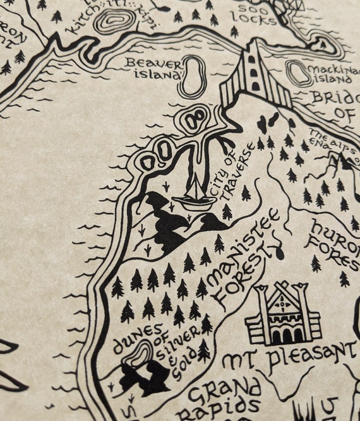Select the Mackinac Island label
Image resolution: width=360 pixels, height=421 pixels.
click(x=330, y=74)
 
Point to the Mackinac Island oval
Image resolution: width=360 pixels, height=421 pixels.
click(x=299, y=73)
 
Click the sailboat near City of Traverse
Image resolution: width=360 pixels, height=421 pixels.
click(x=194, y=193)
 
